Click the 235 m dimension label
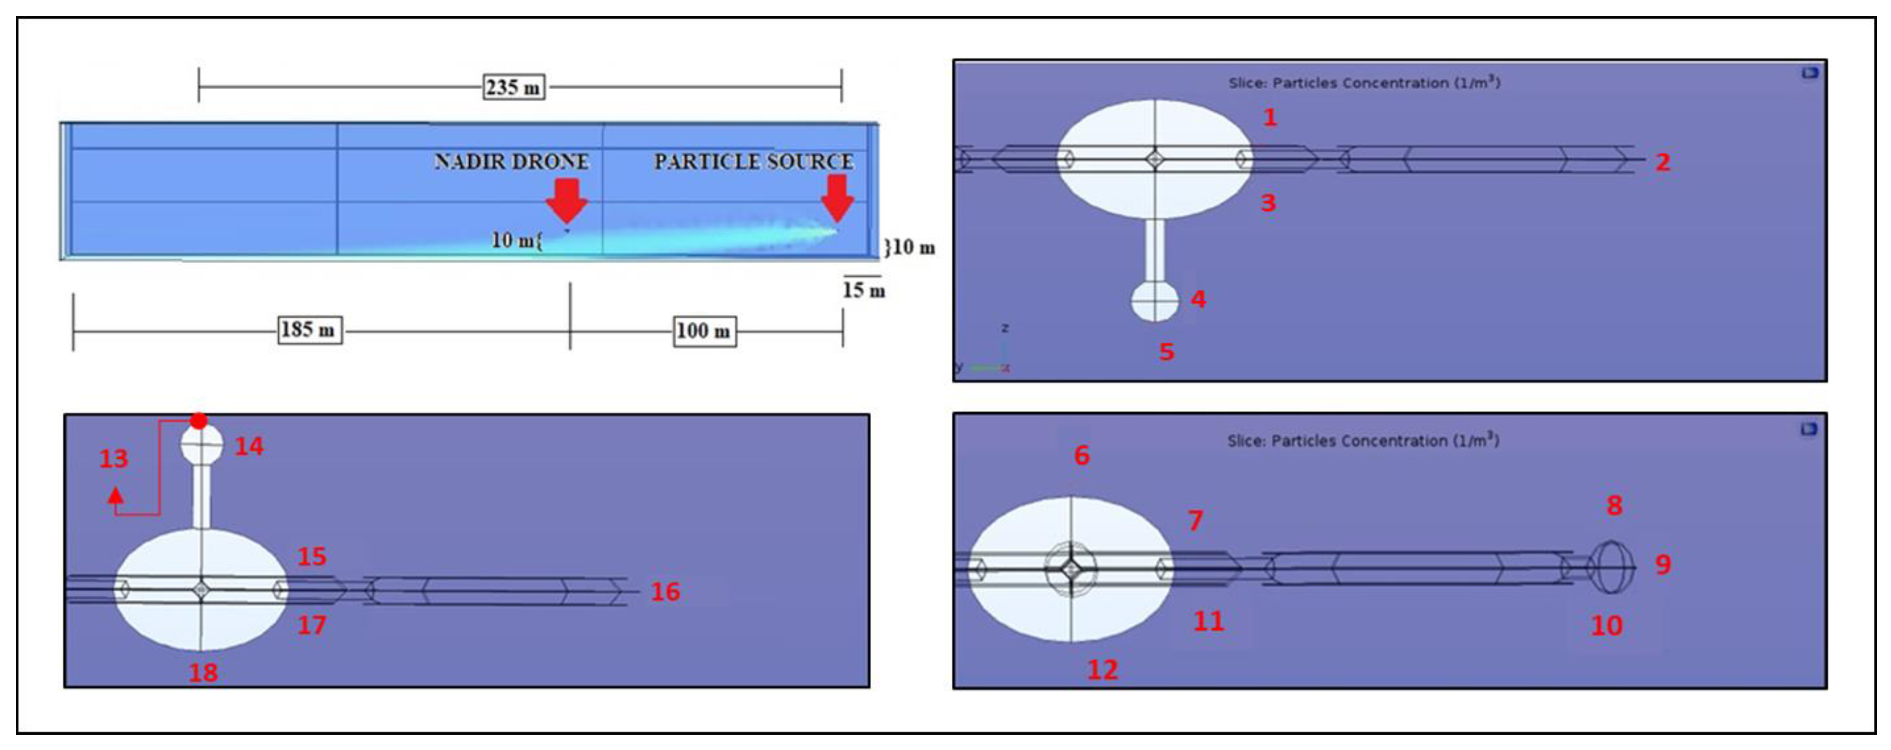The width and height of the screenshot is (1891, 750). point(513,87)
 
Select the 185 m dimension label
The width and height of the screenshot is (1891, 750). point(308,330)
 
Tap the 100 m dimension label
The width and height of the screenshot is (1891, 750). point(704,331)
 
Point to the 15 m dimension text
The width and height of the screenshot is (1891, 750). point(864,290)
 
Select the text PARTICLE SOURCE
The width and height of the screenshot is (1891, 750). point(754,162)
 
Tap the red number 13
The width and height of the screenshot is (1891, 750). point(114,458)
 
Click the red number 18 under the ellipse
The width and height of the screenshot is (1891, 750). point(203,672)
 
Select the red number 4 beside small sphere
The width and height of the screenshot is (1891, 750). point(1198,299)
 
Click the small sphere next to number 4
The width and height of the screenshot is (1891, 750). point(1155,301)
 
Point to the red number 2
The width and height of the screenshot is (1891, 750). point(1663,162)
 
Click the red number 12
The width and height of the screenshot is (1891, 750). point(1103,669)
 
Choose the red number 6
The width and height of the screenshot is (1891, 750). point(1082,455)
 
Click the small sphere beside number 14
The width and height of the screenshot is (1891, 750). point(202,444)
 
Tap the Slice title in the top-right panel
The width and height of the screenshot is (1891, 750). point(1364,82)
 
